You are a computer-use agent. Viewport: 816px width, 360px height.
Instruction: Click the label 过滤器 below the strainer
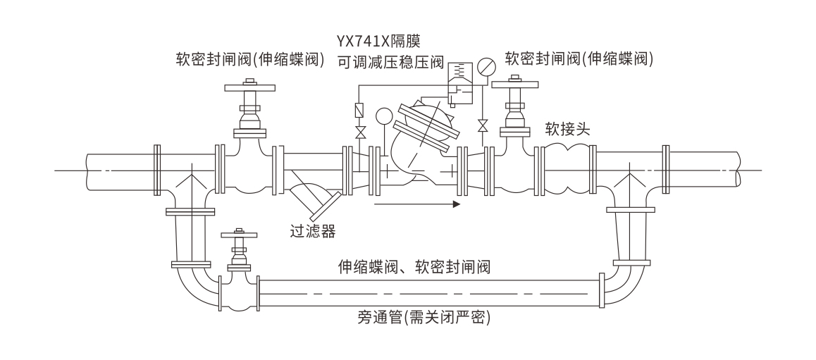pos(314,230)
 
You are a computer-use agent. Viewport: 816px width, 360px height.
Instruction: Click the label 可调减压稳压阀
pos(389,61)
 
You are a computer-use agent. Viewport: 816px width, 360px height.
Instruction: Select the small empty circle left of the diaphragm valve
pos(383,116)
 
